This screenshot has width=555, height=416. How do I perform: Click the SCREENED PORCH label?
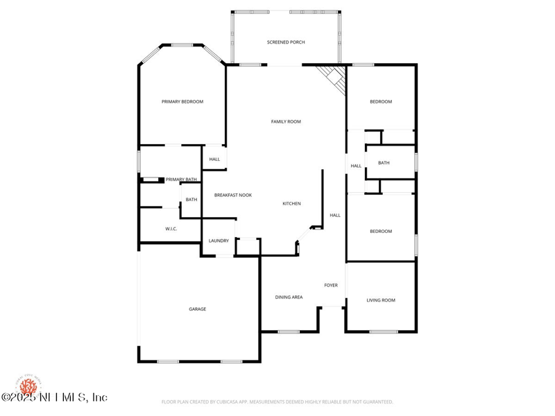pyautogui.click(x=286, y=42)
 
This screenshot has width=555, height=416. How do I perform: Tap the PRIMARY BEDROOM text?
pyautogui.click(x=182, y=102)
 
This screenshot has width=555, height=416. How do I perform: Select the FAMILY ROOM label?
pyautogui.click(x=286, y=121)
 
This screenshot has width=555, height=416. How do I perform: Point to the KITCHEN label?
pyautogui.click(x=291, y=204)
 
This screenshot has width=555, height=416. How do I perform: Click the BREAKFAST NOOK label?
pyautogui.click(x=232, y=196)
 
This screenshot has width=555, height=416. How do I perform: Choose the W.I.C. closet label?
pyautogui.click(x=172, y=229)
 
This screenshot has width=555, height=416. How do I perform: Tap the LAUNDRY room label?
pyautogui.click(x=219, y=241)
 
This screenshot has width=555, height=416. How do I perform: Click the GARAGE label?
pyautogui.click(x=198, y=309)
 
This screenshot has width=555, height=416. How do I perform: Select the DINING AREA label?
pyautogui.click(x=289, y=297)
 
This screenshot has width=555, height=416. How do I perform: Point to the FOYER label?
pyautogui.click(x=331, y=285)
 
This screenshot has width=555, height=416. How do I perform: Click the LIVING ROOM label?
pyautogui.click(x=381, y=300)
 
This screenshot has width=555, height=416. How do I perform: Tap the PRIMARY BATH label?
pyautogui.click(x=181, y=180)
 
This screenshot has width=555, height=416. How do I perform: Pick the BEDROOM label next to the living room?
pyautogui.click(x=381, y=232)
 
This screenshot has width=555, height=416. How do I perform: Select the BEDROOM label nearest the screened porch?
pyautogui.click(x=381, y=102)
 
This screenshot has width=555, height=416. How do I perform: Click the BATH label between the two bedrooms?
pyautogui.click(x=384, y=163)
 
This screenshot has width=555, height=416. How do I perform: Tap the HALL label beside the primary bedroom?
pyautogui.click(x=214, y=159)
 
